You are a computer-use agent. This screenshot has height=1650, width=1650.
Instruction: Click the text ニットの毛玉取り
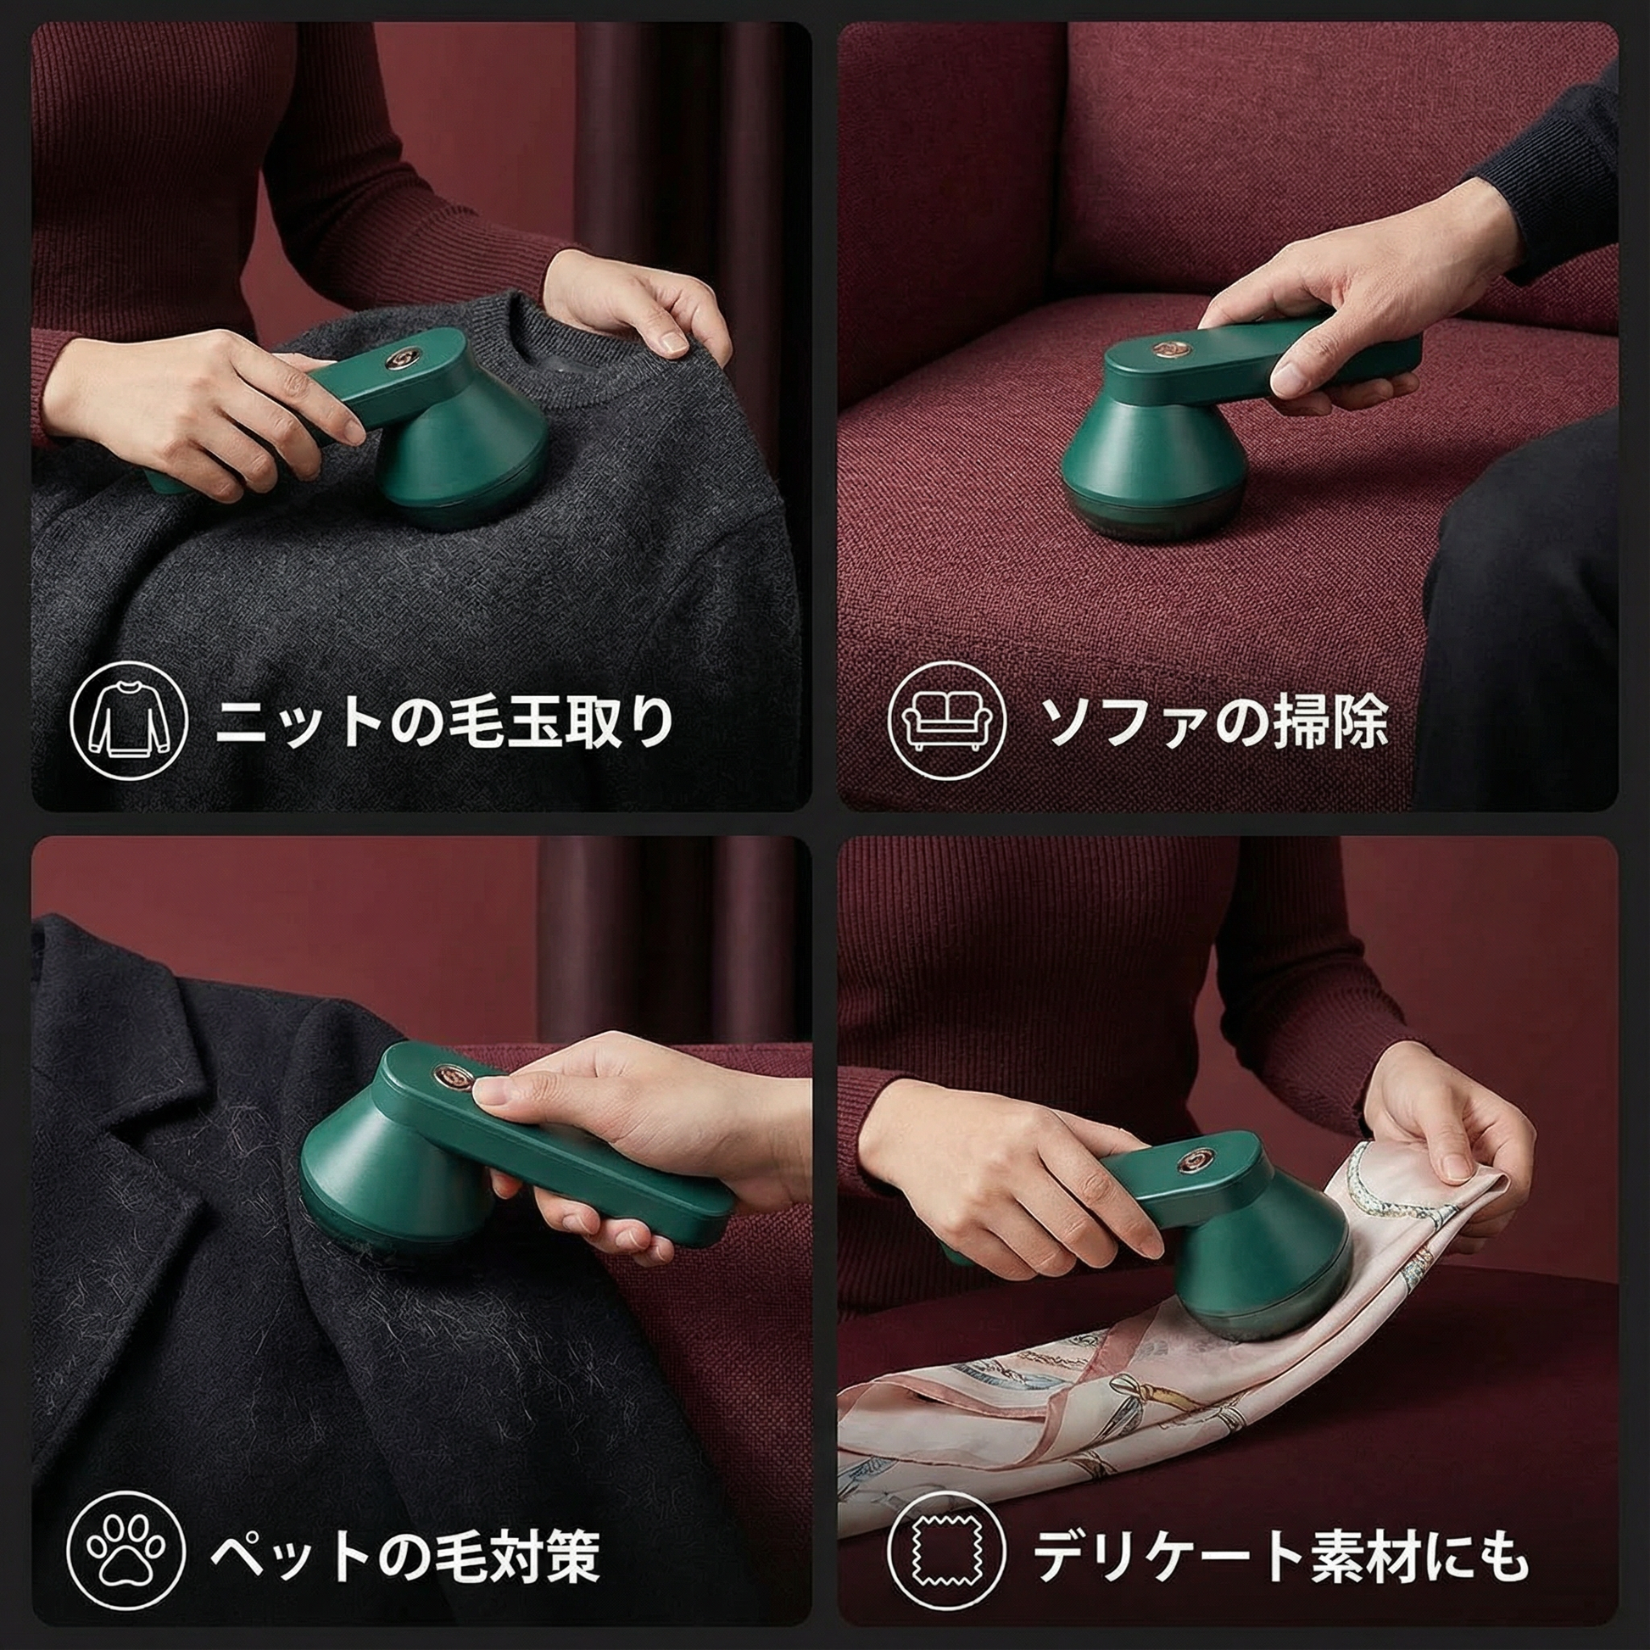pyautogui.click(x=445, y=723)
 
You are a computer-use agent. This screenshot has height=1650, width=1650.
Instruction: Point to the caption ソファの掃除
pyautogui.click(x=1213, y=723)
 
